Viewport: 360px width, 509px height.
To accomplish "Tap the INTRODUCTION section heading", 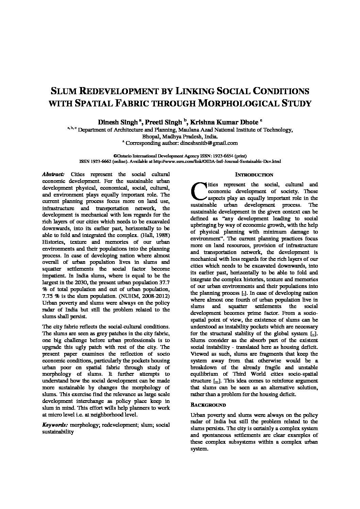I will point(254,175).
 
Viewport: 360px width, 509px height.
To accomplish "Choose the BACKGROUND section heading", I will point(208,405).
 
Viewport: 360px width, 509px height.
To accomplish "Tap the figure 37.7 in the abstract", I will point(165,283).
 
